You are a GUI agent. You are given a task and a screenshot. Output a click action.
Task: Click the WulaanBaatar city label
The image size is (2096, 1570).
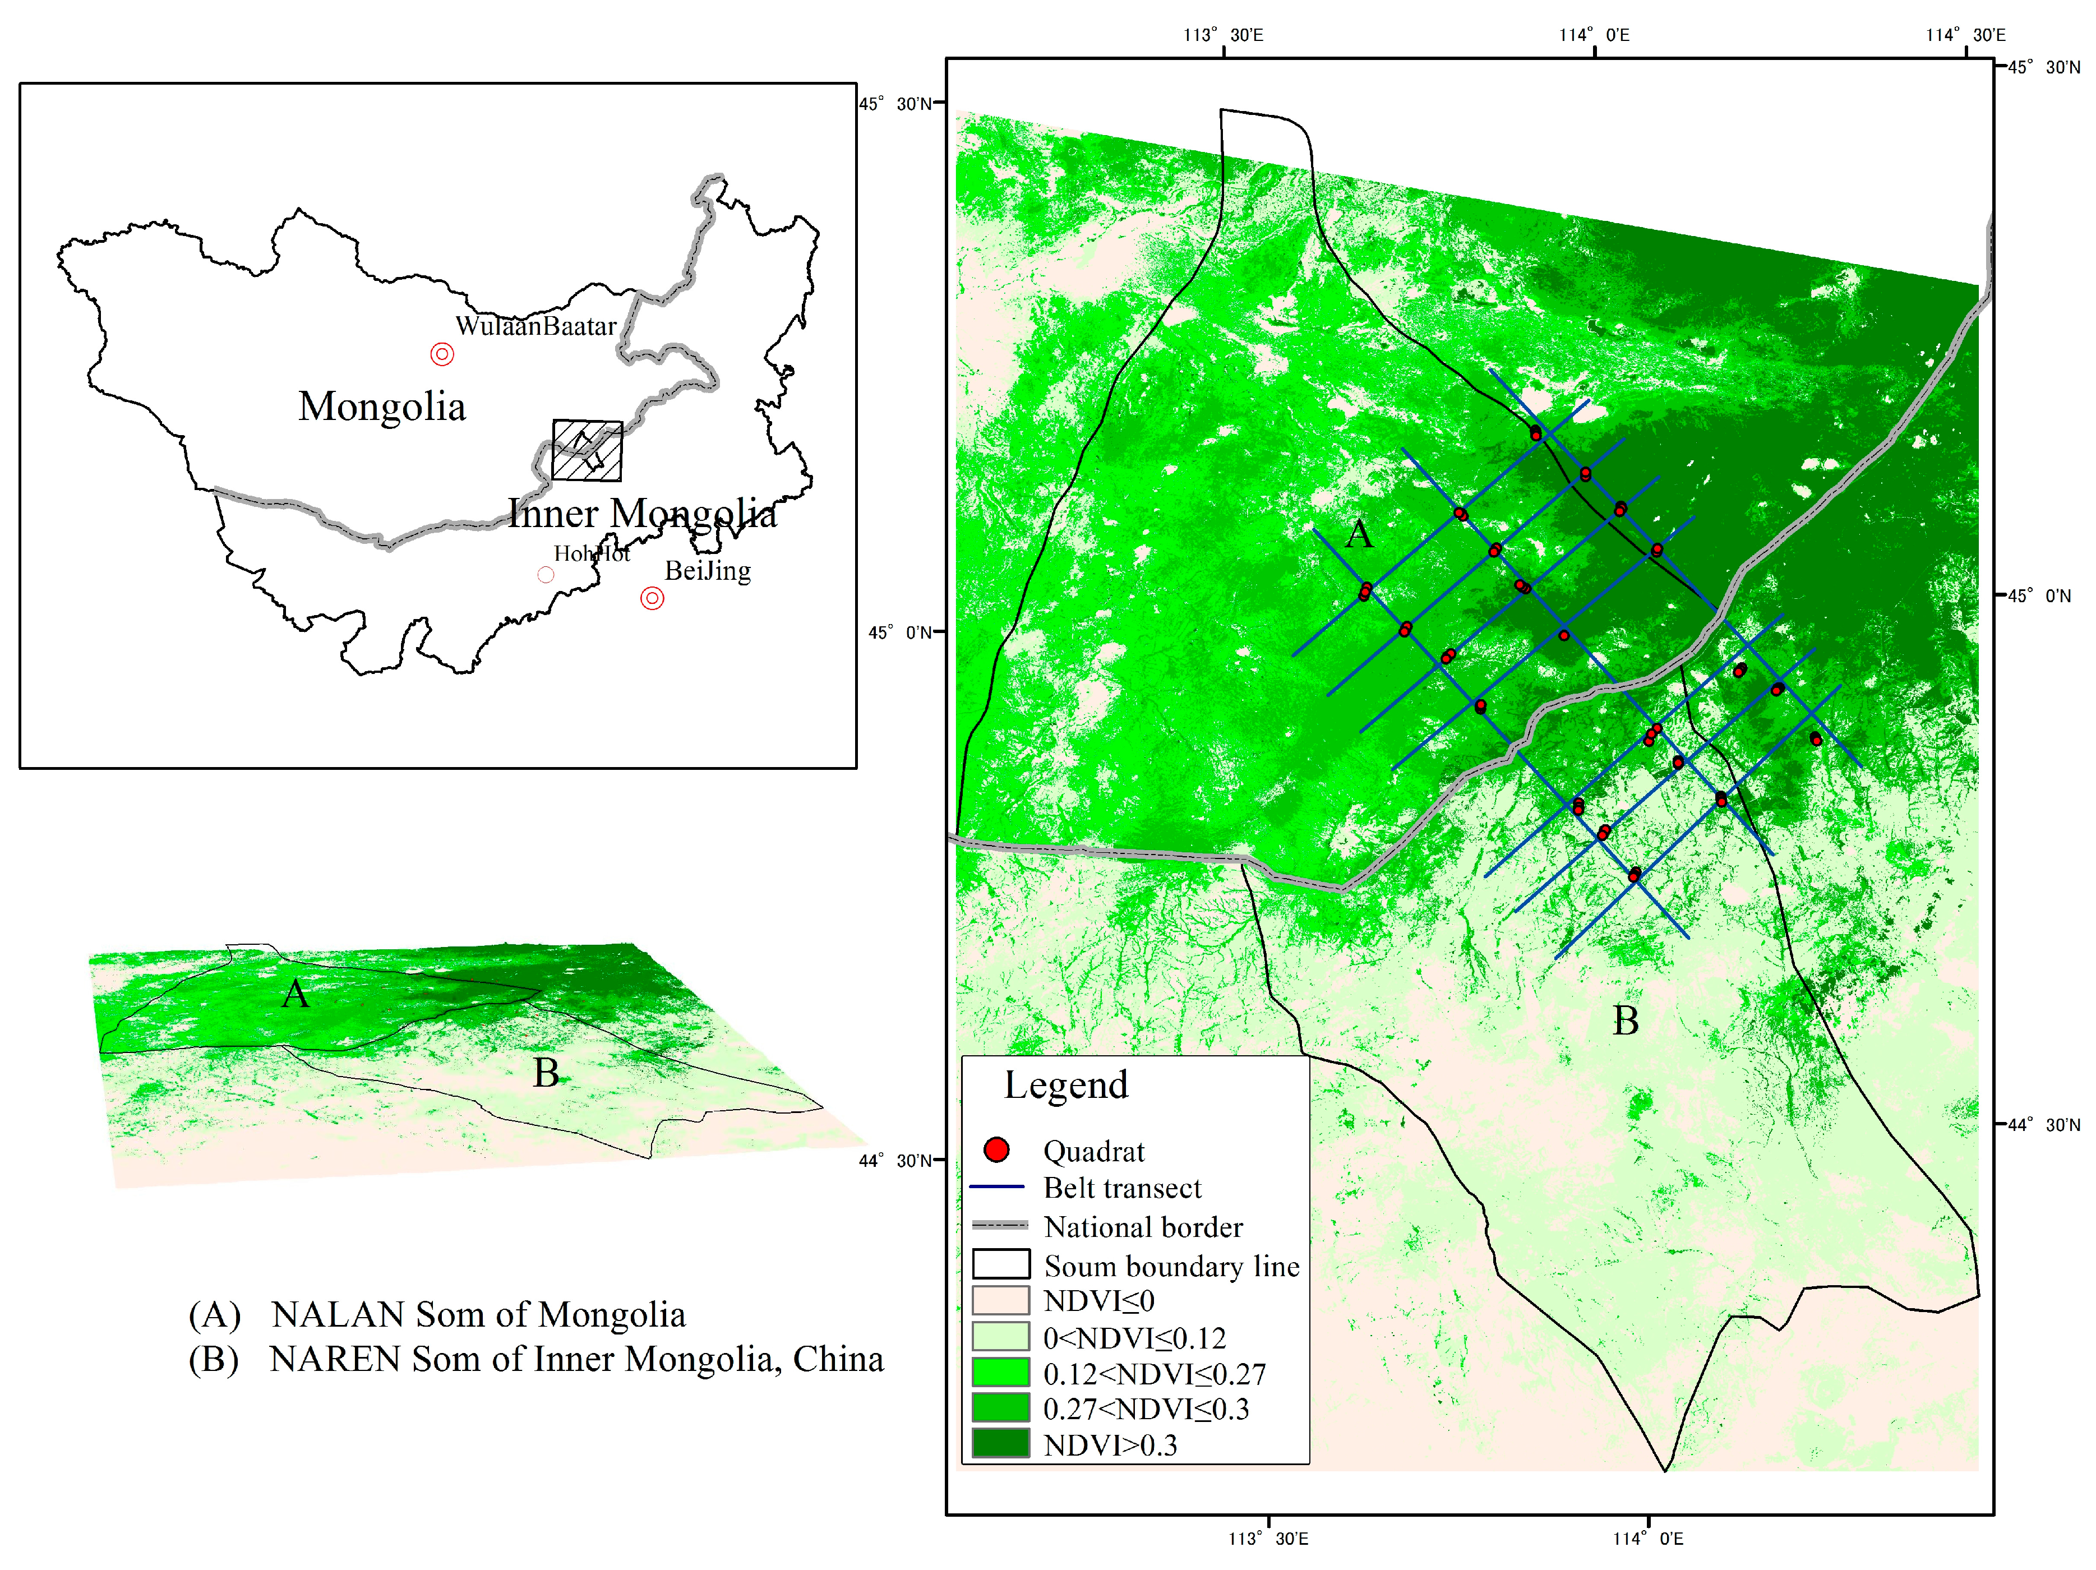point(535,326)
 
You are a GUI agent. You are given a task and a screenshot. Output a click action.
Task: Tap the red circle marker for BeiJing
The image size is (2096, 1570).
point(652,598)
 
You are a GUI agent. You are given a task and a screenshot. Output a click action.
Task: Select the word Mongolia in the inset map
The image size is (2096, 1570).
point(382,407)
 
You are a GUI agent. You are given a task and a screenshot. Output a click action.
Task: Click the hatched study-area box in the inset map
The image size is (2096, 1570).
point(588,450)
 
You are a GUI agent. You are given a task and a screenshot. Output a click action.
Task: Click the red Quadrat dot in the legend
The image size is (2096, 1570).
point(996,1149)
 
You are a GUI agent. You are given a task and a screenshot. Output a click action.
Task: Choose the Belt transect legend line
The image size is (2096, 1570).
point(997,1186)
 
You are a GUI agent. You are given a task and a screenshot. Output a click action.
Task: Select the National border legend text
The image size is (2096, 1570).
point(1143,1227)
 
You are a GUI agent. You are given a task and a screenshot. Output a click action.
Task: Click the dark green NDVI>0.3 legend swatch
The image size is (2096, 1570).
point(1001,1443)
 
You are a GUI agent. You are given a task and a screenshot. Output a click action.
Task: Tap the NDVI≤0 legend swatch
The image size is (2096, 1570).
point(1001,1299)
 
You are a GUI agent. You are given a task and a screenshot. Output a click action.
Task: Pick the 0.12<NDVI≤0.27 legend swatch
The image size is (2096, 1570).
point(1001,1372)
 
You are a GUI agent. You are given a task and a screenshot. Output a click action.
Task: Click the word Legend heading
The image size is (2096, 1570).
point(1066,1085)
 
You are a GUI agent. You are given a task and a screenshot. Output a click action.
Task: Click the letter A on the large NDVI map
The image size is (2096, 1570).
point(1359,534)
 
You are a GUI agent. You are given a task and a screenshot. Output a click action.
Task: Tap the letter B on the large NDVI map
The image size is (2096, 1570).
point(1625,1020)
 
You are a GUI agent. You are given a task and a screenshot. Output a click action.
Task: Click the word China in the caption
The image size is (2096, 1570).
point(838,1359)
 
